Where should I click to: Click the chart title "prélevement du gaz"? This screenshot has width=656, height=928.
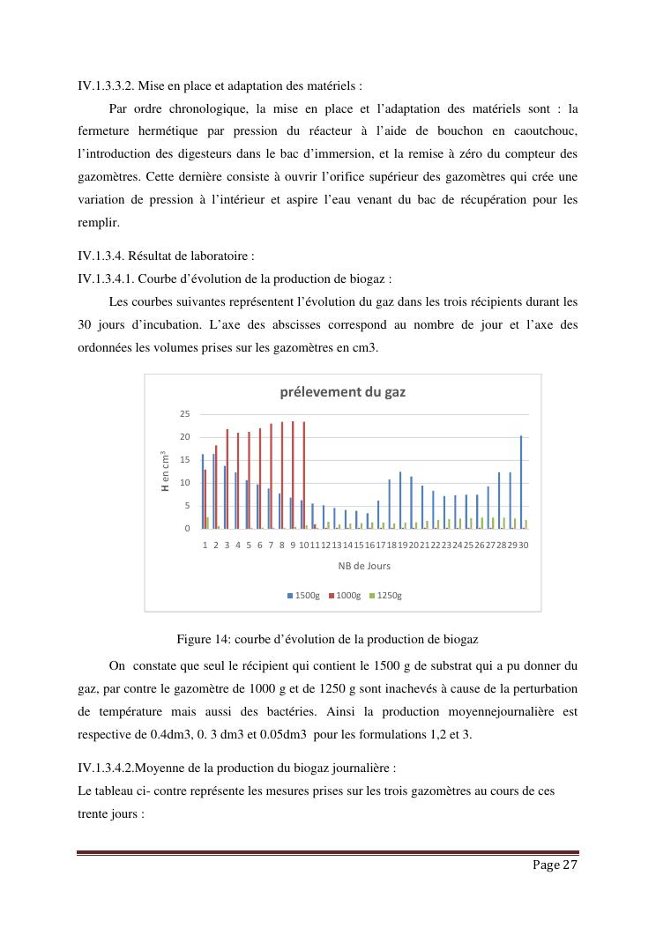342,392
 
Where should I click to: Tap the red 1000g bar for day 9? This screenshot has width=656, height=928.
294,475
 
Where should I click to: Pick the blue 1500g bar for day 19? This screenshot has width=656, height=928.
400,500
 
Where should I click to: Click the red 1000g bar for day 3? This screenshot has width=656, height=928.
227,479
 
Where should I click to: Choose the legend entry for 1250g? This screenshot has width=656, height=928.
386,596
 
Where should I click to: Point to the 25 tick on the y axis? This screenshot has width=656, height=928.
184,414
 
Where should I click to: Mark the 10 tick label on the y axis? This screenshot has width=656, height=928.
184,483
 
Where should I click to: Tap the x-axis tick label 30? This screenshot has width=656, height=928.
523,545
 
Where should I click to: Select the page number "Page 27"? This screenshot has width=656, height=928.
555,865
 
